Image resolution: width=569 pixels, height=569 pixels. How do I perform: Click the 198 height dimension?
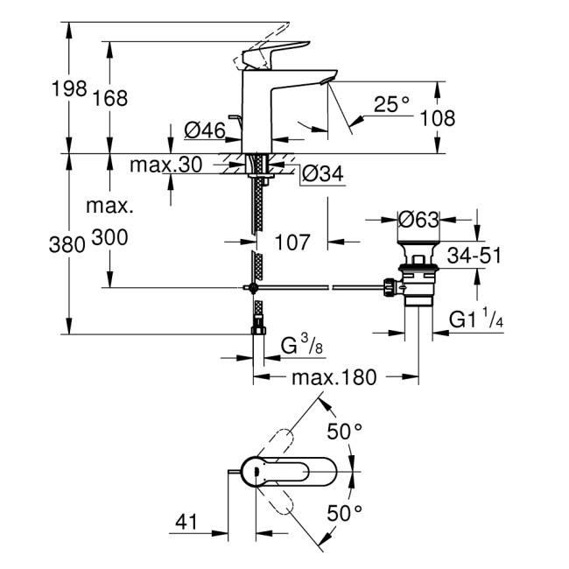(69, 88)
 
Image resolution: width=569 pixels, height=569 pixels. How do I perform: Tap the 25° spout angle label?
(391, 105)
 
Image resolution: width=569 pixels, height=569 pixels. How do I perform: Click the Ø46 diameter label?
(205, 131)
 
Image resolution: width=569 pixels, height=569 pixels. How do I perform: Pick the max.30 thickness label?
(165, 164)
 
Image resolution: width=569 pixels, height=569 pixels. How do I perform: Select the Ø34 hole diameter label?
(321, 174)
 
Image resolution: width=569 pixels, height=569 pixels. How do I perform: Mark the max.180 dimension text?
(334, 377)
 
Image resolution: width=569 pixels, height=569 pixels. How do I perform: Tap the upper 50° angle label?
(344, 431)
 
